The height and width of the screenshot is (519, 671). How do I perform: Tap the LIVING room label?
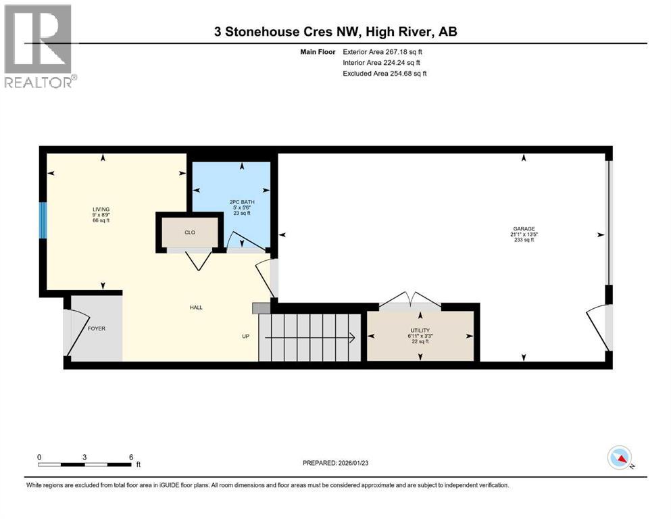tap(101, 209)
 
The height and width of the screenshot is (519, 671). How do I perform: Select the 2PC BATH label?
tap(241, 201)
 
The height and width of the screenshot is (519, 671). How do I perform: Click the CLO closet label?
tap(190, 232)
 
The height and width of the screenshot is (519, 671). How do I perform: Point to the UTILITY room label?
tap(420, 330)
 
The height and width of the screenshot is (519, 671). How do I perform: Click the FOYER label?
tap(97, 328)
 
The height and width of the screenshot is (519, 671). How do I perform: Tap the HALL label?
tap(196, 307)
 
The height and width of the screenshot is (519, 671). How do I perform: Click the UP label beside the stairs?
tap(247, 337)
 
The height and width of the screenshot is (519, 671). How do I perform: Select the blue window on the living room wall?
tap(43, 220)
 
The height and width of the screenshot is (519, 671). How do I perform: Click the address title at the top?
tap(335, 32)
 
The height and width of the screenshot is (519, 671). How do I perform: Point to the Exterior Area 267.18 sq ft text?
tap(384, 51)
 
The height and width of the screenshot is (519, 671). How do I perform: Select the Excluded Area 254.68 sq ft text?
tap(384, 73)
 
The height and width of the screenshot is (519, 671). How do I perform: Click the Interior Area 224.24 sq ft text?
tap(384, 62)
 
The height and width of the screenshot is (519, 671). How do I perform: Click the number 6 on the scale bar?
tap(130, 457)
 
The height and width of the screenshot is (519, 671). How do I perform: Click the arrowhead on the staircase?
tap(352, 337)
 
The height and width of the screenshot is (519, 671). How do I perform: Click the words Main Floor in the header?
tap(317, 51)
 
